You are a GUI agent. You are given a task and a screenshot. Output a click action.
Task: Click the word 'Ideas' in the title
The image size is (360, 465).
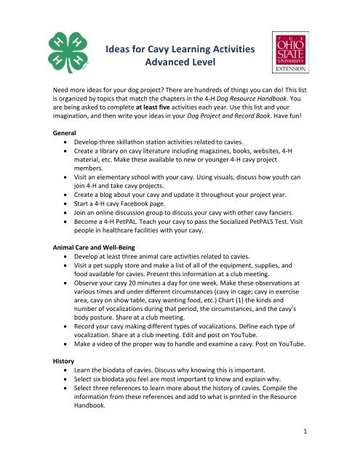[122, 49]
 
